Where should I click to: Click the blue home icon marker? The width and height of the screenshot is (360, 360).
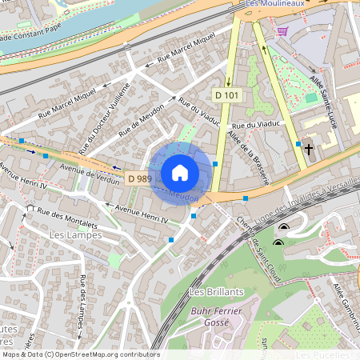[x=180, y=172]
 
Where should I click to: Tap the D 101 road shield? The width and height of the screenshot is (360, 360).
[x=226, y=95]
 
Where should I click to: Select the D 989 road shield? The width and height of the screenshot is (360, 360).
[x=139, y=178]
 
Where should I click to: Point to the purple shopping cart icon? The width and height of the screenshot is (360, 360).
[x=282, y=31]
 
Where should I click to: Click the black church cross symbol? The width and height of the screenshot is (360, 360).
[x=309, y=149]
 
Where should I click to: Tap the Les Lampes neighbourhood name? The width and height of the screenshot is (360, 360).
[x=75, y=235]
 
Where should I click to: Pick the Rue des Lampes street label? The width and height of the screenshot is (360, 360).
[x=82, y=301]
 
